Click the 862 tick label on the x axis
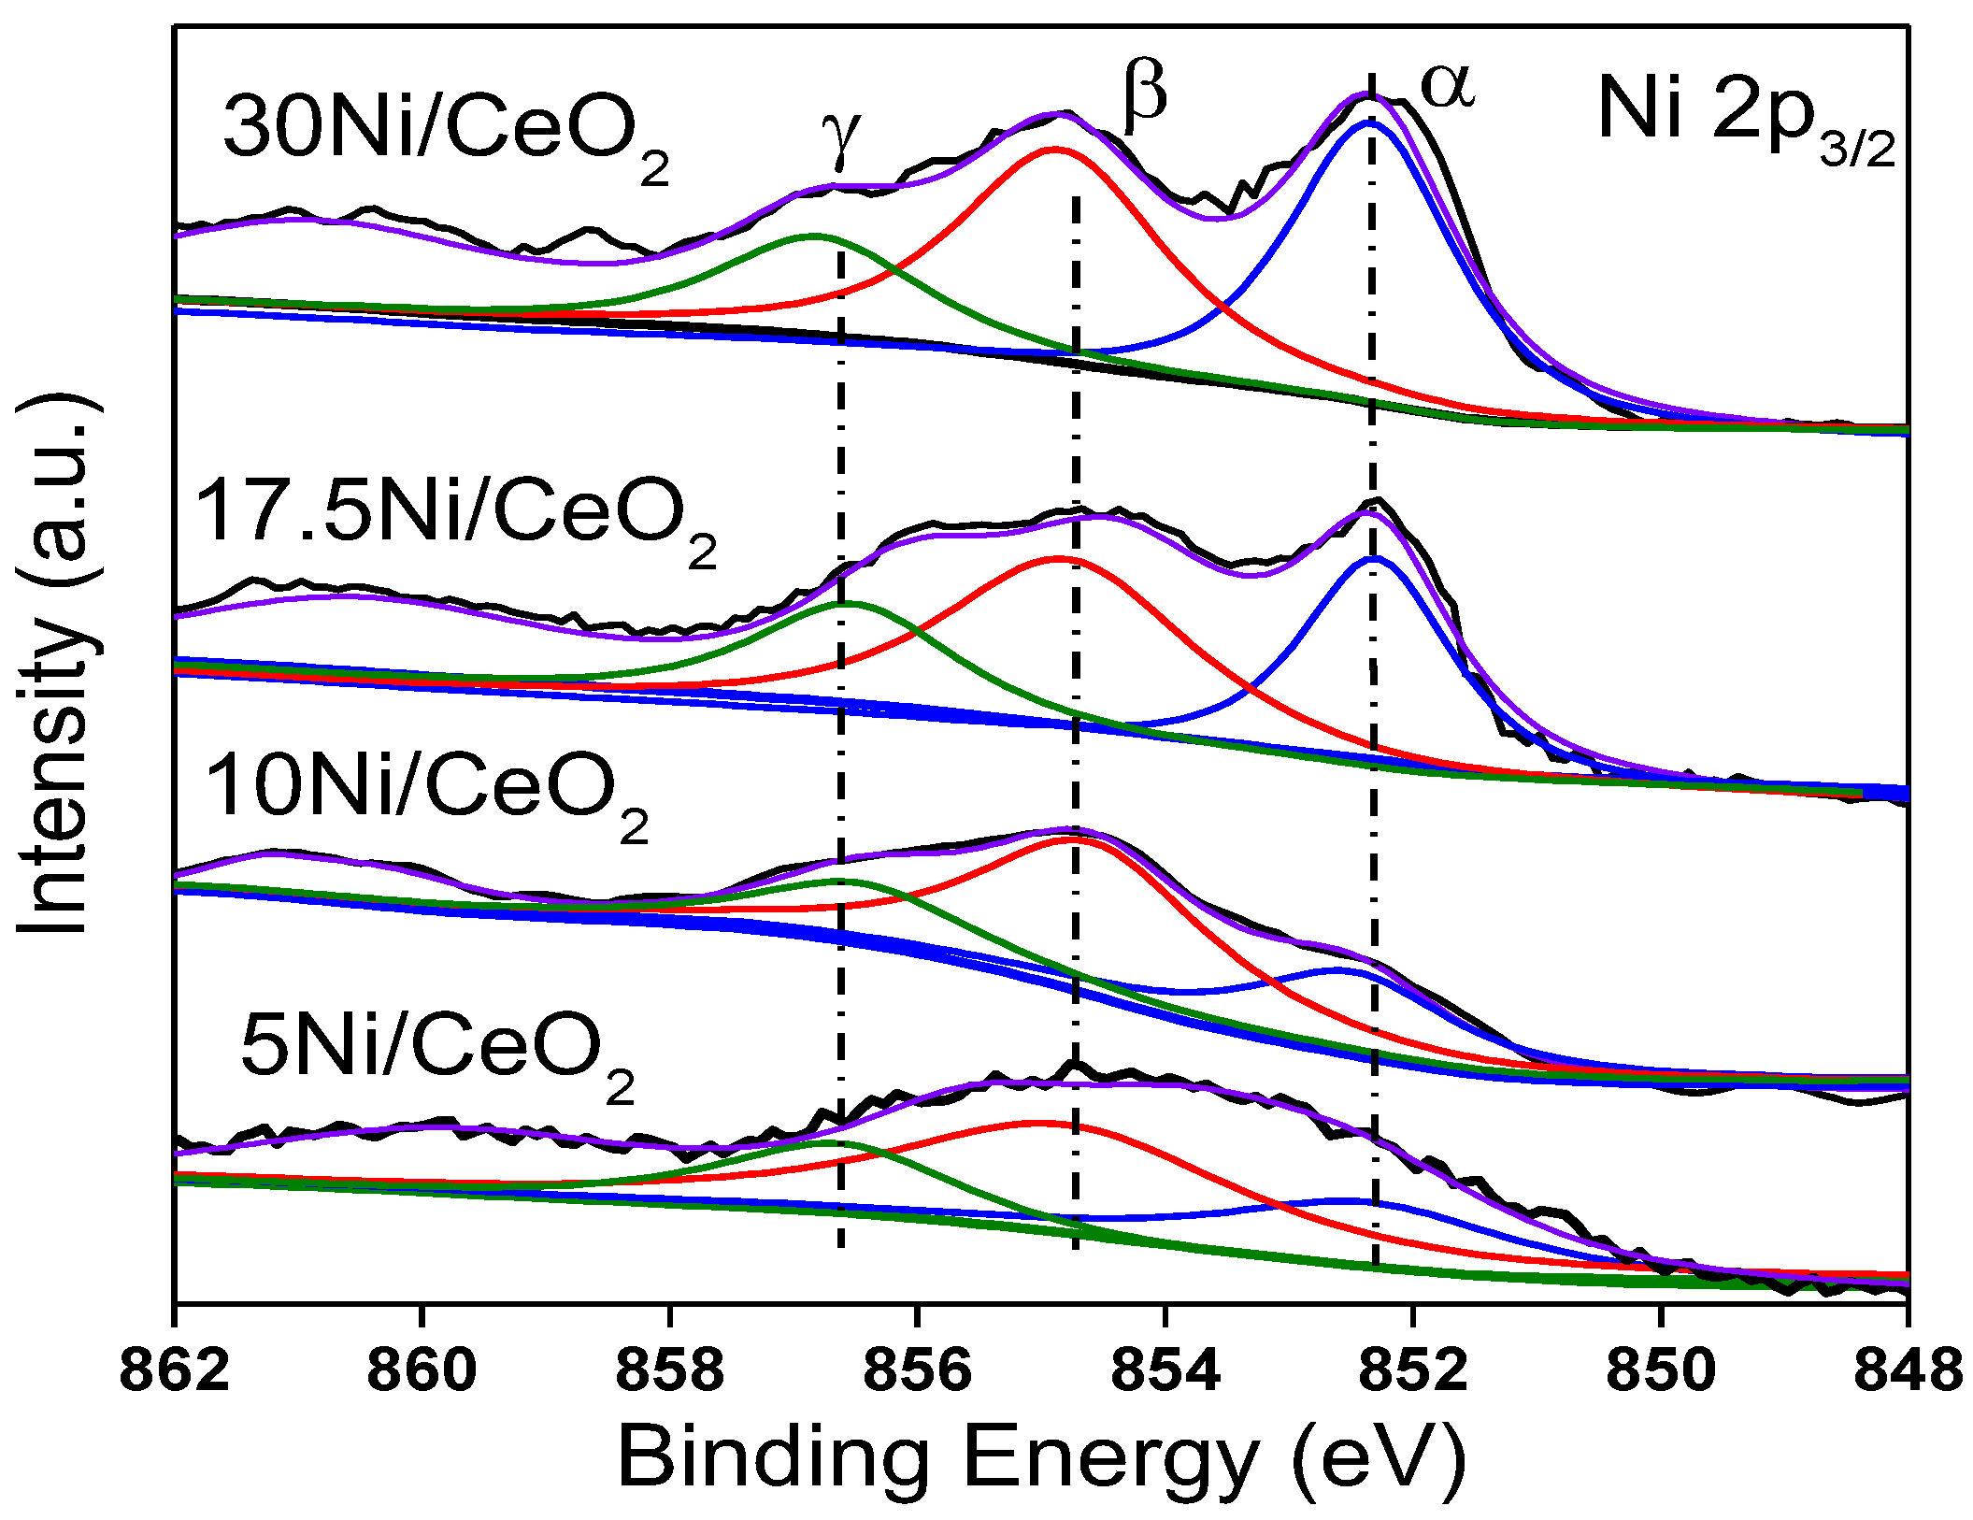point(175,1371)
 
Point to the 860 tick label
point(422,1371)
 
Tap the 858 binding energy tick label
point(670,1371)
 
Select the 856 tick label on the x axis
point(918,1371)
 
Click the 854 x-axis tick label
point(1165,1371)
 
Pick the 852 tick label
point(1413,1371)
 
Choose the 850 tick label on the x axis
point(1661,1371)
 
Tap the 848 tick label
point(1907,1371)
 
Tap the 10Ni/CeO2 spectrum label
point(425,791)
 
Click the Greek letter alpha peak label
point(1447,86)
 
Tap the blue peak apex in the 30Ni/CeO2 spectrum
point(1367,122)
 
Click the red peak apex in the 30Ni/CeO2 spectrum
point(1056,149)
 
